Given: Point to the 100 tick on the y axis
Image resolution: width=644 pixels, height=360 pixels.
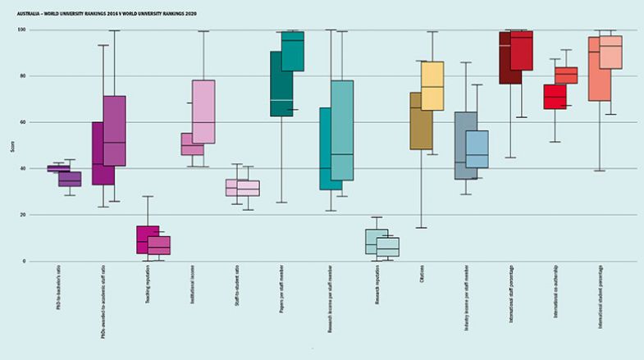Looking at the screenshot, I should coord(22,30).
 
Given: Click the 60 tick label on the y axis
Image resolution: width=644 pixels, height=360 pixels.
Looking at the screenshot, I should coord(23,122).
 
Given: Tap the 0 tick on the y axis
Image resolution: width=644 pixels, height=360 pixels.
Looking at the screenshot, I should coord(25,262).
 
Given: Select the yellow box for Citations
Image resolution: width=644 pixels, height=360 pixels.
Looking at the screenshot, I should coord(432,85).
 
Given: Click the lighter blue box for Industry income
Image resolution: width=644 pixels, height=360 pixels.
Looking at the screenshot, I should coord(477,149).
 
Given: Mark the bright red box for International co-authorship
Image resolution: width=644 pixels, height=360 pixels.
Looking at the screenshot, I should coord(555,97).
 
